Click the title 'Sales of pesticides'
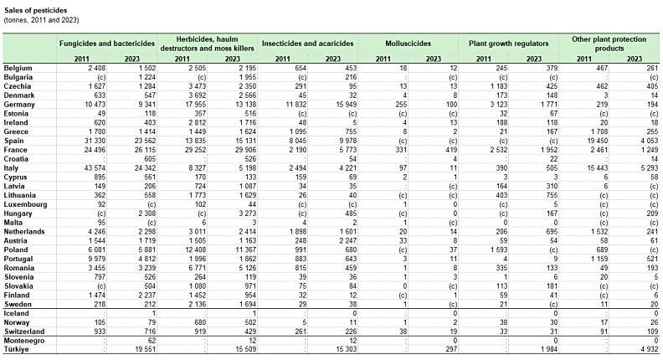tap(35, 11)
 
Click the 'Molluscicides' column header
tap(408, 44)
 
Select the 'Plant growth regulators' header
tap(509, 44)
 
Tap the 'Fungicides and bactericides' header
tap(107, 44)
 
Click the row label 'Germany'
tap(19, 105)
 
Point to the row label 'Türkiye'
tap(17, 349)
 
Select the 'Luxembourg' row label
tap(25, 204)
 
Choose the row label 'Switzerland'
tap(24, 332)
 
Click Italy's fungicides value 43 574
tap(95, 168)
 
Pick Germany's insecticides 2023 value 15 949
tap(347, 105)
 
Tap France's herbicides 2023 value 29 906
tap(245, 150)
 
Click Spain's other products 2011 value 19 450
tap(597, 141)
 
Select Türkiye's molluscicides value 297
tap(451, 349)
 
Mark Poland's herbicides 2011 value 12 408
tap(195, 250)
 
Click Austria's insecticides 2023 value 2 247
tap(347, 241)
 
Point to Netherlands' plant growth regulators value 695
tap(552, 232)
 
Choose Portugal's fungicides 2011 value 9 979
tap(96, 259)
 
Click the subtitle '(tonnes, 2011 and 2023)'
tap(42, 20)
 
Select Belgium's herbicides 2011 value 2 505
tap(197, 68)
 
